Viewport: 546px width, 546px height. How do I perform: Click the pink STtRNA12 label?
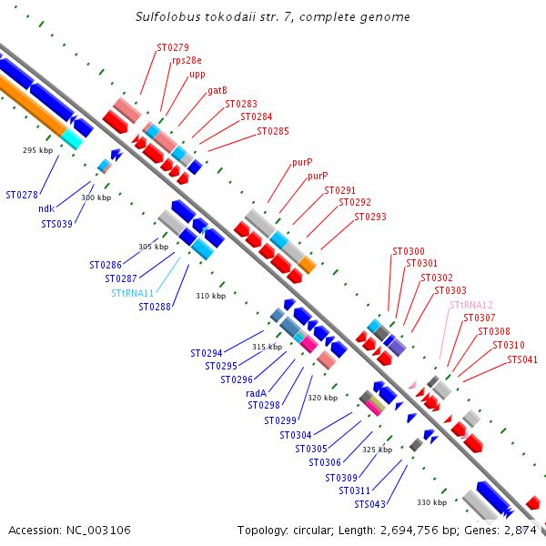point(471,305)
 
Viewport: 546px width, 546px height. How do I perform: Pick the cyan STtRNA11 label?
point(133,293)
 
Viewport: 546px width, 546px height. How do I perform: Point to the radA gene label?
point(256,393)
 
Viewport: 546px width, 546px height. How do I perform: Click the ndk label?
point(46,208)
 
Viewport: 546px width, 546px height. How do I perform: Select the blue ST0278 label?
point(22,195)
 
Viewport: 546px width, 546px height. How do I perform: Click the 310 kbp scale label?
point(210,296)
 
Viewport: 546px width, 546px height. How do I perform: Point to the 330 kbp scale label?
point(431,502)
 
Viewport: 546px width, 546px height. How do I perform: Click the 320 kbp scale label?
point(322,398)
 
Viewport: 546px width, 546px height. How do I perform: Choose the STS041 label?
point(522,359)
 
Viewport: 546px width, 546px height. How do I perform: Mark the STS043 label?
point(369,504)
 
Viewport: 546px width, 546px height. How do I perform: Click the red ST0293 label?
point(370,217)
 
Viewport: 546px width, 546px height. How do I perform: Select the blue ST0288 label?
point(154,308)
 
